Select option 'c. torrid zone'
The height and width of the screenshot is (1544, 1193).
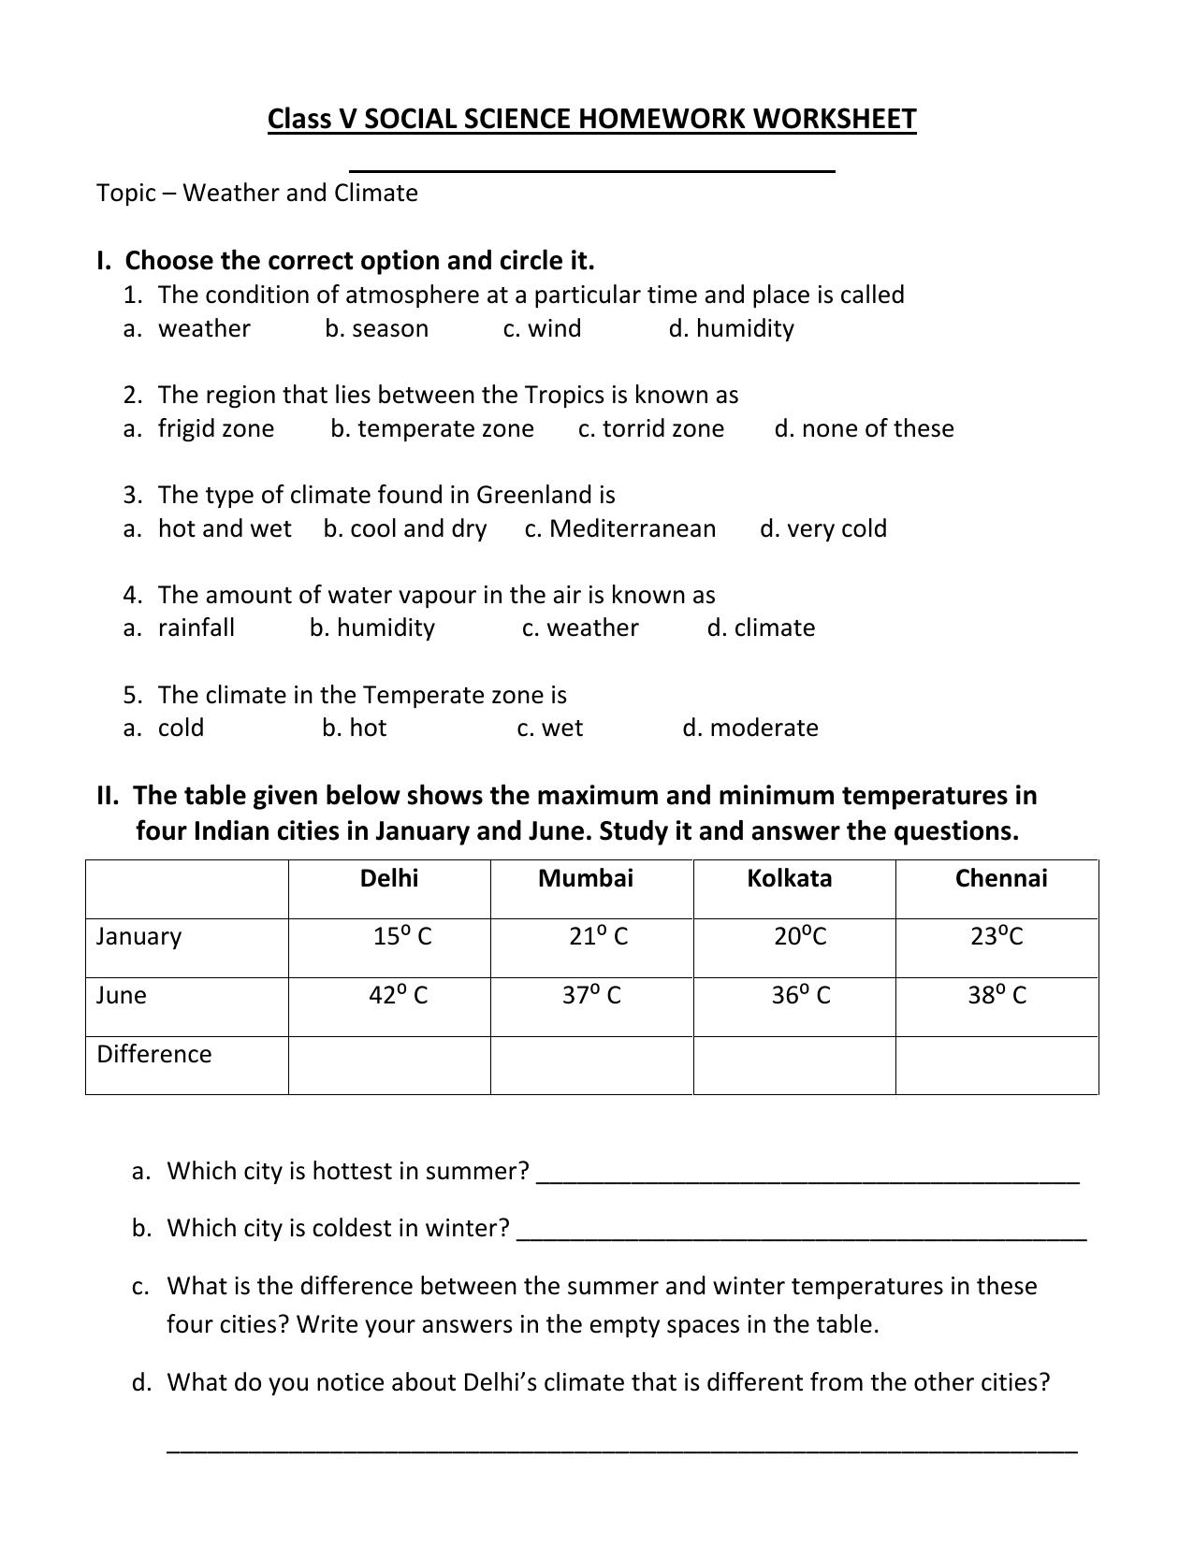pos(651,428)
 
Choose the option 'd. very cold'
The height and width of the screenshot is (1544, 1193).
pos(823,528)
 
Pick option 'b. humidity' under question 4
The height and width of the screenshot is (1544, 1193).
pos(372,628)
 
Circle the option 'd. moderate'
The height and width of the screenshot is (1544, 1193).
pos(750,728)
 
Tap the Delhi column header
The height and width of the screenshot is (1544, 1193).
pos(389,878)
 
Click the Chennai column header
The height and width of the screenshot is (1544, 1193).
pos(1000,878)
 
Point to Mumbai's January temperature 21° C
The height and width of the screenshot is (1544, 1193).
pos(598,936)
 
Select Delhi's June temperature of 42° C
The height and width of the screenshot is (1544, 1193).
pos(398,995)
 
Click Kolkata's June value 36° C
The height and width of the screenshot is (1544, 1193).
pos(800,995)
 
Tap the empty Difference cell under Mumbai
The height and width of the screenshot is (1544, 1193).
pos(591,1065)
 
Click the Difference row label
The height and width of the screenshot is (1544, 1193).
pos(154,1054)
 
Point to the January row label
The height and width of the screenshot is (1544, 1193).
pos(138,936)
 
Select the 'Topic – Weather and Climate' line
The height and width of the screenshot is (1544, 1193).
pos(257,193)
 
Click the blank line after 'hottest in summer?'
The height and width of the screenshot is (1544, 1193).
pos(807,1174)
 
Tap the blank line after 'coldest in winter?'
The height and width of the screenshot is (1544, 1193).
pos(801,1231)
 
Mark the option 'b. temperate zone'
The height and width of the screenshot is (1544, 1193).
pos(432,428)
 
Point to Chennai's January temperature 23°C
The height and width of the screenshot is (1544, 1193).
pos(997,936)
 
